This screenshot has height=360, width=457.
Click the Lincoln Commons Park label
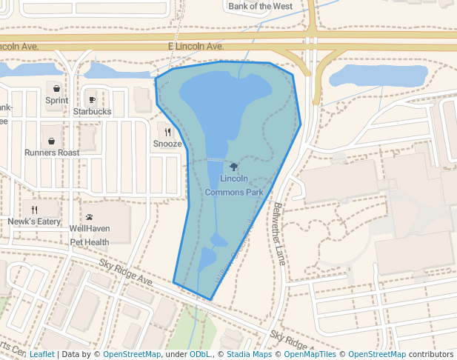point(234,186)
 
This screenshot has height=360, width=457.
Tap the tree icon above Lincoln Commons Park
point(234,167)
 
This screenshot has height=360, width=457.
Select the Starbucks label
point(92,111)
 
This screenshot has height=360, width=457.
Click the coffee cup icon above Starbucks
point(92,99)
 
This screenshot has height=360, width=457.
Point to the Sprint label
point(56,100)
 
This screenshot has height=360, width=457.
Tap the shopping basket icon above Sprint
point(56,88)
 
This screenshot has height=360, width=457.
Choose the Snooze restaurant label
point(167,144)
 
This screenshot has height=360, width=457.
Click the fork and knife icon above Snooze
point(168,132)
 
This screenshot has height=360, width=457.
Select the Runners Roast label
point(52,153)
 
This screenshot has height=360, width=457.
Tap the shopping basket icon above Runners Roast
point(52,141)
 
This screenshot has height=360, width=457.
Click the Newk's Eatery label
point(34,221)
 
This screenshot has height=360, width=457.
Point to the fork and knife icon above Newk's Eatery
point(34,210)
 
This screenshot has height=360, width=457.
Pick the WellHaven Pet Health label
point(89,235)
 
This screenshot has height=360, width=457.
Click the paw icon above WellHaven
point(90,217)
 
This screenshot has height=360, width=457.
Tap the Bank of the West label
point(260,6)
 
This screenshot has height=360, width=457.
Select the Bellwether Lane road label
point(279,234)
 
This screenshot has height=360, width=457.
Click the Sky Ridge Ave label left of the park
point(125,273)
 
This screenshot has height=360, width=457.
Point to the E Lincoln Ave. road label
point(194,46)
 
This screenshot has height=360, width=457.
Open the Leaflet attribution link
point(41,355)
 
